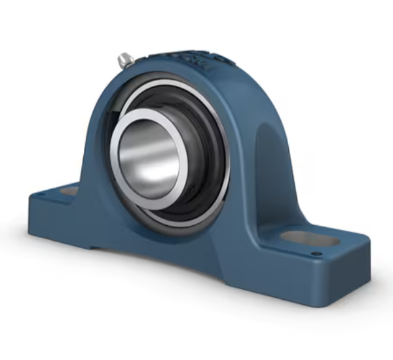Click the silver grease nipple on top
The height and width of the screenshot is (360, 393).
pos(125,60)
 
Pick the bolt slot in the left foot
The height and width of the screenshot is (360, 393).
pos(69,191)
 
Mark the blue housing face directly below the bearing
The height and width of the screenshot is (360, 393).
pos(177,242)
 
